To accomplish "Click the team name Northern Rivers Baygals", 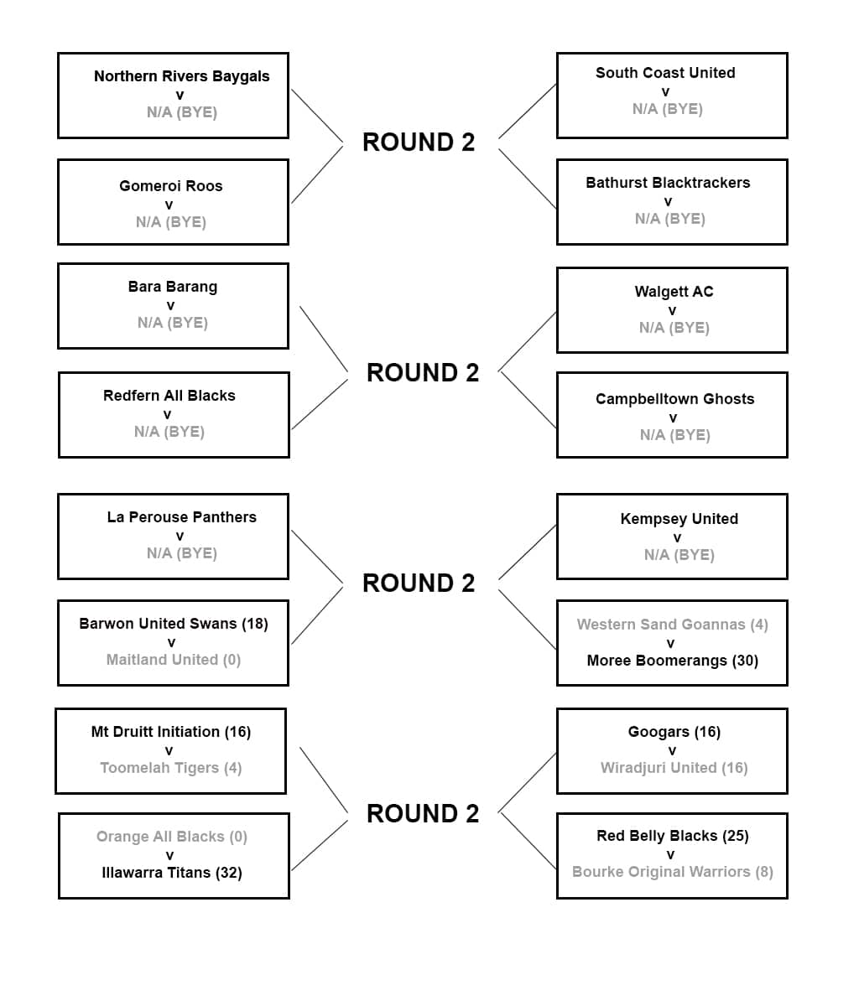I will [181, 76].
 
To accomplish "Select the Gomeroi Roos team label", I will [170, 186].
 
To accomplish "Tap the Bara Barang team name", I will [172, 287].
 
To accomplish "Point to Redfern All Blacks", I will [169, 396].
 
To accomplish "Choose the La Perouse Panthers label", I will [181, 517].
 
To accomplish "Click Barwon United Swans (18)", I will [173, 624].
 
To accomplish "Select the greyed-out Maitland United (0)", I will [173, 660].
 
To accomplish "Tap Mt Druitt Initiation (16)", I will [170, 732].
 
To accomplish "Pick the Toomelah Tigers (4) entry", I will [170, 768].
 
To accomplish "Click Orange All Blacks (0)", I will [171, 837].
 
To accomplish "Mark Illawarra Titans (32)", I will [171, 873].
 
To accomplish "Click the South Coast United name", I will [665, 73].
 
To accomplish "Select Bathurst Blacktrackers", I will [668, 183].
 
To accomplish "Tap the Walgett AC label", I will [674, 292].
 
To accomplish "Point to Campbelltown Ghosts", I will [674, 399].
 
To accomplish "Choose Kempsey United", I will [679, 519].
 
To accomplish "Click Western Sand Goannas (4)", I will [672, 625].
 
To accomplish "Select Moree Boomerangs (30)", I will [672, 661].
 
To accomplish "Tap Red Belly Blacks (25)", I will [672, 836].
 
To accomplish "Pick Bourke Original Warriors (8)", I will [672, 872].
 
